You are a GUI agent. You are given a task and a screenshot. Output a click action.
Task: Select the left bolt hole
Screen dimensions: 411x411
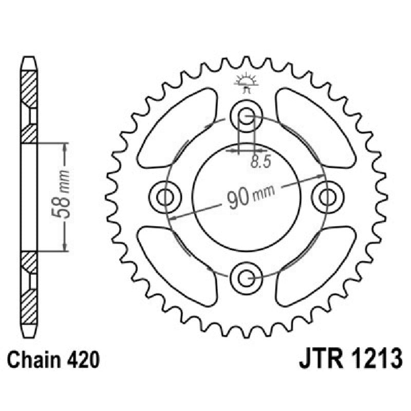point(165,196)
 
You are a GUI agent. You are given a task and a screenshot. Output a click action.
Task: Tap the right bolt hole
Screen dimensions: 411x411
point(326,196)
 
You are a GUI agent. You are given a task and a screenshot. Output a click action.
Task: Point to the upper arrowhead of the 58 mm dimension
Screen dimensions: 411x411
point(65,147)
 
